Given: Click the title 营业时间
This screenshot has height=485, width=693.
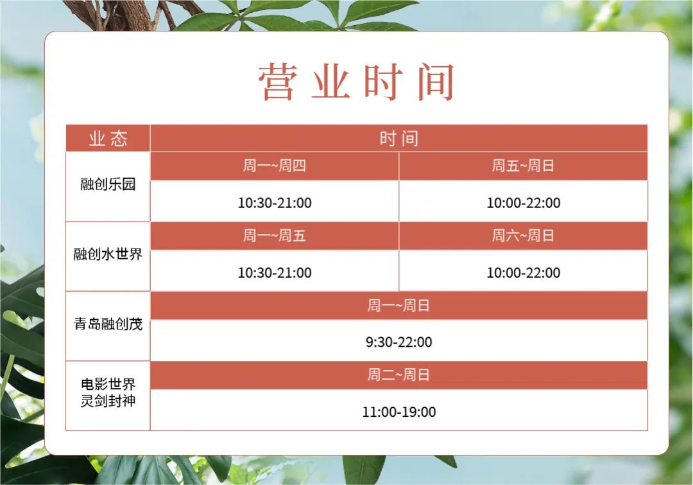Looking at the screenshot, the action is pos(356,82).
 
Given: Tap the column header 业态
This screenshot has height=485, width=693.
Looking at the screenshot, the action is pos(108,139).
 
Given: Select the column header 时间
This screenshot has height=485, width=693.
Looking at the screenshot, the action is pos(398,139).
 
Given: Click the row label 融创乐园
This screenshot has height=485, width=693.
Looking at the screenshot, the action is pos(108,184).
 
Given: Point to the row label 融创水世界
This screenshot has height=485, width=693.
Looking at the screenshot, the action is pos(108,254).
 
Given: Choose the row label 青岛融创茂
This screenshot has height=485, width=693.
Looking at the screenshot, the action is pos(108,324).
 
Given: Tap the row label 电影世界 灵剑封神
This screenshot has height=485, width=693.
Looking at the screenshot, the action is pos(108,392).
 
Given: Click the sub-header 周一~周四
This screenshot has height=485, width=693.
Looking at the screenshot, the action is pos(275,166).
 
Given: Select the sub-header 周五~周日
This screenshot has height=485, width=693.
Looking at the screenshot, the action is pos(524,166).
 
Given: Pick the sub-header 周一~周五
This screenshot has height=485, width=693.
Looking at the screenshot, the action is pos(275,235).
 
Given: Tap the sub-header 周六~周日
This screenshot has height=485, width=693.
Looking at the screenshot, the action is pos(524,235).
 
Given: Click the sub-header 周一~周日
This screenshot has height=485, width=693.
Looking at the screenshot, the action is pos(398,305).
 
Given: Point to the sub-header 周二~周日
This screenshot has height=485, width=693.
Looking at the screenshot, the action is pos(398,375).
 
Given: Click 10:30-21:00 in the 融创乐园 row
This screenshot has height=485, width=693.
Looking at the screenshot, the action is pos(275,203).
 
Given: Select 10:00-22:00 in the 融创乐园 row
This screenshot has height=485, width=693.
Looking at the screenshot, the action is pos(524,203).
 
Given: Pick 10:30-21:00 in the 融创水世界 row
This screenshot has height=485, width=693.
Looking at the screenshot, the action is pos(275,272).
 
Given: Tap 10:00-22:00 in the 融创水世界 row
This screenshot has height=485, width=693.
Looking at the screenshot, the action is pos(524,272).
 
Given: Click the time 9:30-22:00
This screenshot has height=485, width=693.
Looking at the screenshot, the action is pos(398,342).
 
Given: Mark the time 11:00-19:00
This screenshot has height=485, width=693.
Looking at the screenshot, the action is pos(398,412).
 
